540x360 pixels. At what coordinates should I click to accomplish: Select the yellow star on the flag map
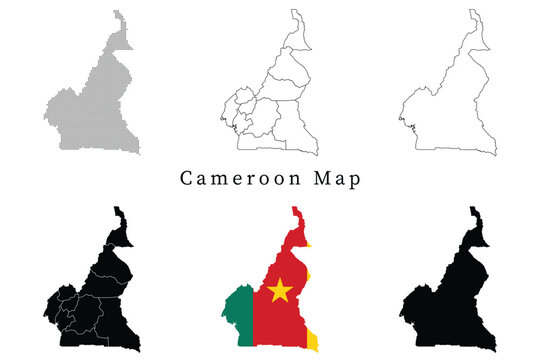tap(280, 291)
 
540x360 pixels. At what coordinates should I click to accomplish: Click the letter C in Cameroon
tap(186, 179)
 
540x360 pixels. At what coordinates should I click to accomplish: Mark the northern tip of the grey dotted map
tap(118, 13)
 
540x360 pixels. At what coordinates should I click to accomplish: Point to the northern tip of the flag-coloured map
tap(295, 209)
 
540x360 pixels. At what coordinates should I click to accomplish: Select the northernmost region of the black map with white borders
tap(122, 228)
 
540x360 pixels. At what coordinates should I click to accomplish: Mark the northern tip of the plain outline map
tap(476, 13)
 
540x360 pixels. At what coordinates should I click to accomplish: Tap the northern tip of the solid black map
tap(476, 209)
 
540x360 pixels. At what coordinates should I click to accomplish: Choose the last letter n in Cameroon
tap(303, 179)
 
